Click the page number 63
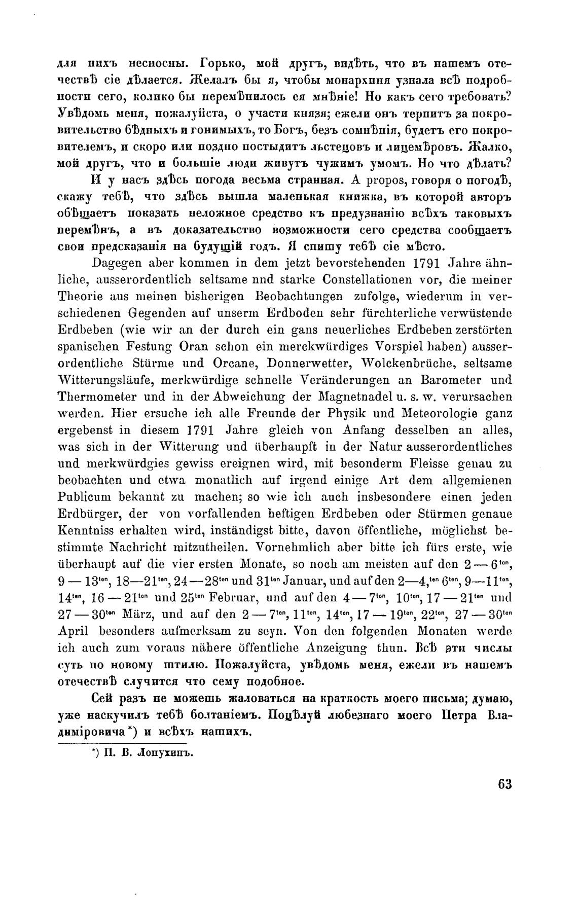[504, 798]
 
